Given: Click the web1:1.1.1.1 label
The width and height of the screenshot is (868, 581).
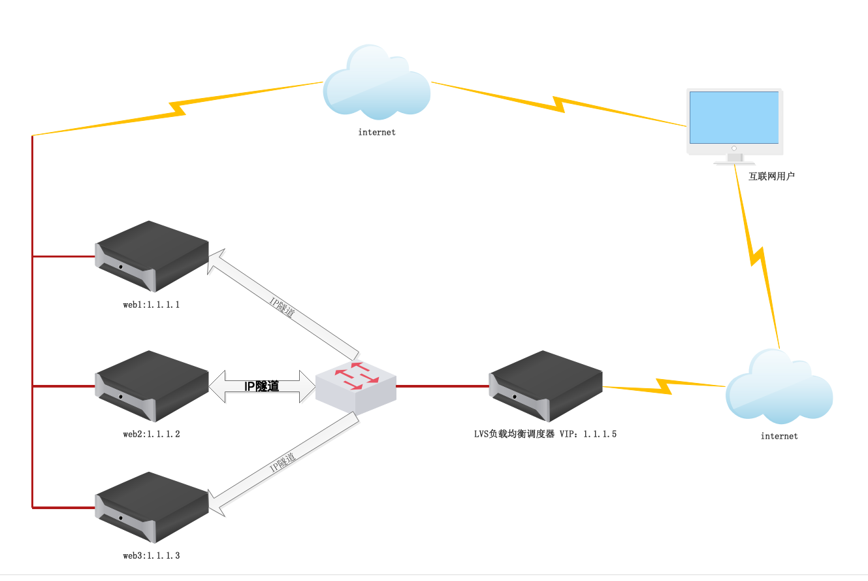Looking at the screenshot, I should pyautogui.click(x=151, y=305).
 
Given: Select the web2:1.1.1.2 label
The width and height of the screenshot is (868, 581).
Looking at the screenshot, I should pyautogui.click(x=151, y=434).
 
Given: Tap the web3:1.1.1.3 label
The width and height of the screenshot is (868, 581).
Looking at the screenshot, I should pyautogui.click(x=151, y=556).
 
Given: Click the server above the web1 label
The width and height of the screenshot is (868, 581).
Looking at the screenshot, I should pyautogui.click(x=152, y=256).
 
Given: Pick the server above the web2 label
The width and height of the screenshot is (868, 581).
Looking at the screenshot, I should pyautogui.click(x=152, y=386).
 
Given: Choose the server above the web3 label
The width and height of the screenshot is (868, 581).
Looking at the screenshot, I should pyautogui.click(x=152, y=507).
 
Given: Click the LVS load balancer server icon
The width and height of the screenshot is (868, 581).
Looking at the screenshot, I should pyautogui.click(x=546, y=386).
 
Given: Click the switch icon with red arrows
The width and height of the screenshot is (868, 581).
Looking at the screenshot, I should pyautogui.click(x=356, y=385).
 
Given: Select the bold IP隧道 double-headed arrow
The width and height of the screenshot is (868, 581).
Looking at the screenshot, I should pyautogui.click(x=261, y=386).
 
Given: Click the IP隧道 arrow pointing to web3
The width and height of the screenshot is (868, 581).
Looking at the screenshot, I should pyautogui.click(x=284, y=467).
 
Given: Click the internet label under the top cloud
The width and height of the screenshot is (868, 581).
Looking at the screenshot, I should pyautogui.click(x=377, y=132).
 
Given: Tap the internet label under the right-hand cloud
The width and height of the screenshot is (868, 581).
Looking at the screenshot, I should pyautogui.click(x=779, y=436).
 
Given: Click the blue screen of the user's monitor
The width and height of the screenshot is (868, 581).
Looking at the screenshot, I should pyautogui.click(x=734, y=117).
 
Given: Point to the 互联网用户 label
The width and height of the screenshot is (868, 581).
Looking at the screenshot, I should pyautogui.click(x=771, y=176).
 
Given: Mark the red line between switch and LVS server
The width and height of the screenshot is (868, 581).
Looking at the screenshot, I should pyautogui.click(x=442, y=386).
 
